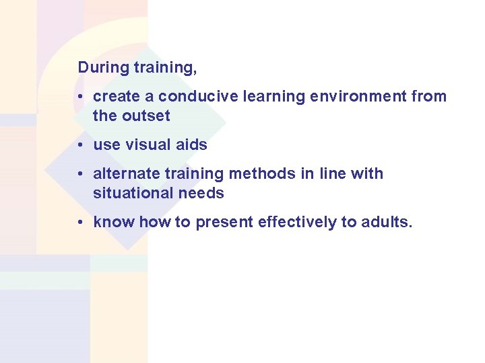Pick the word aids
(x=191, y=145)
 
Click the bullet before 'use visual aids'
(x=80, y=145)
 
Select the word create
(x=117, y=97)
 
